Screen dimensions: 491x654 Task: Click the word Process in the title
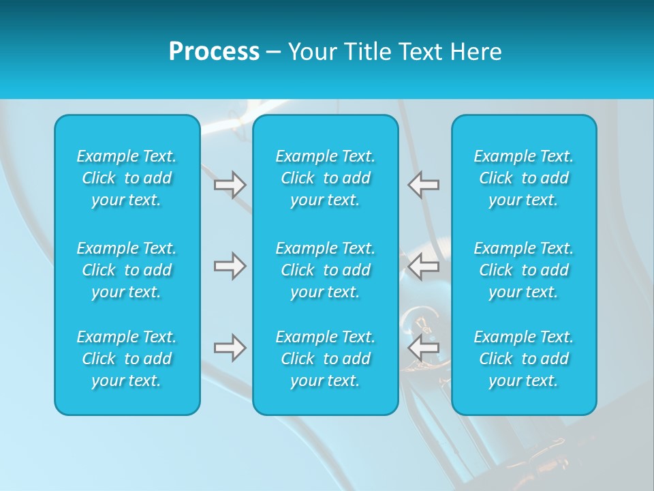[214, 52]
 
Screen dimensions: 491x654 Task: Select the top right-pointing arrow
[230, 185]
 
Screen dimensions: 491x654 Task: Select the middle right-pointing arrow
[230, 266]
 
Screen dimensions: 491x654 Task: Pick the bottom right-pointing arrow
[230, 348]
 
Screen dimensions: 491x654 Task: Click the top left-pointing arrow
[423, 185]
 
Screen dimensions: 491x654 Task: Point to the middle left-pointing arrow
[423, 266]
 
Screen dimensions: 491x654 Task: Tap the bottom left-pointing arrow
[423, 348]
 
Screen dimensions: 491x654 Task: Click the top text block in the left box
[127, 178]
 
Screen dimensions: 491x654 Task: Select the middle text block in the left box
[127, 270]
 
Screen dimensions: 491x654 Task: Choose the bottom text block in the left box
[127, 359]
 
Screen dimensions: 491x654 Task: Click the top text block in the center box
[326, 178]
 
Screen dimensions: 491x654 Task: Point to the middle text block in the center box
[326, 270]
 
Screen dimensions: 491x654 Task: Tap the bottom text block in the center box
[326, 359]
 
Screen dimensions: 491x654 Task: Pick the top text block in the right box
[524, 178]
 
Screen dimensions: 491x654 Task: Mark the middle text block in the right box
[524, 270]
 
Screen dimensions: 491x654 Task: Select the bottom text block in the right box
[524, 359]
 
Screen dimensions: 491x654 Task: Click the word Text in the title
[420, 52]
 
